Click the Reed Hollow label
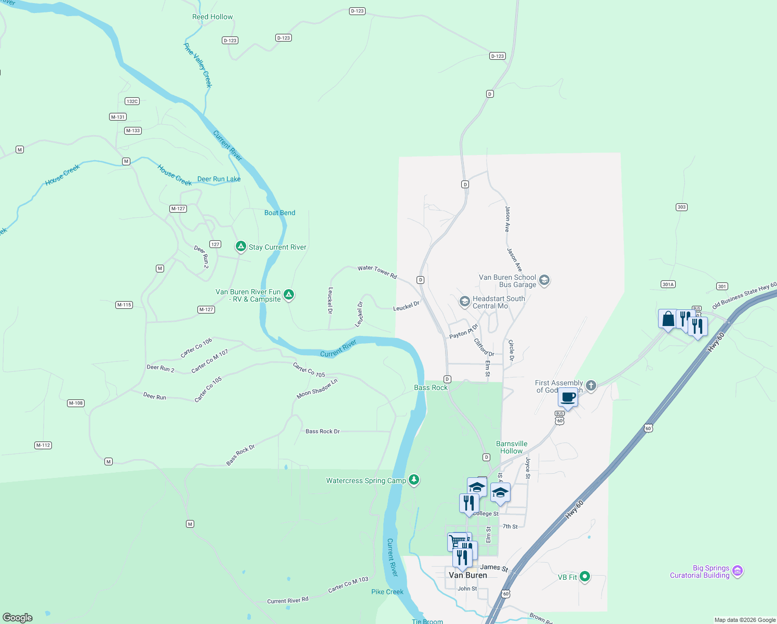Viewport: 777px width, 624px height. coord(212,17)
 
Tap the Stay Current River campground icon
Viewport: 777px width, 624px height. coord(240,246)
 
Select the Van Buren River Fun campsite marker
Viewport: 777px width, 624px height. coord(289,295)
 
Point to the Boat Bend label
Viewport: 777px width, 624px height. coord(279,213)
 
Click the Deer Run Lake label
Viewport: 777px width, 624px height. coord(219,179)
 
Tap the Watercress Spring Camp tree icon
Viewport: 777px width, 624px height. coord(414,479)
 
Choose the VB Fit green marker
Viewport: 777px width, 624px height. coord(585,576)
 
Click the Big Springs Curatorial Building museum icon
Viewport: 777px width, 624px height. coord(738,571)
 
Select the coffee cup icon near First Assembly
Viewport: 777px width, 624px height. coord(568,398)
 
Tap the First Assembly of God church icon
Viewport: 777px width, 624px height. coord(591,386)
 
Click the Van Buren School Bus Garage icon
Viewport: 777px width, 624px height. coord(544,280)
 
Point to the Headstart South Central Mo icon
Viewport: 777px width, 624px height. coord(464,301)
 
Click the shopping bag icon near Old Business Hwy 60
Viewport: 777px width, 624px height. coord(668,319)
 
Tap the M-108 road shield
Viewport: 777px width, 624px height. coord(76,403)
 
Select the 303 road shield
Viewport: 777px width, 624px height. coord(681,207)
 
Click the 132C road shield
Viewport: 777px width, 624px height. coord(132,101)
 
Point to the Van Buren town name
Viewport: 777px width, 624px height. coord(467,575)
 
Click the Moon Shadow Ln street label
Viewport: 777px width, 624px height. coord(317,388)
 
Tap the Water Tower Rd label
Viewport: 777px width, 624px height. coord(377,271)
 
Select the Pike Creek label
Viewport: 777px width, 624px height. coord(387,592)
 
